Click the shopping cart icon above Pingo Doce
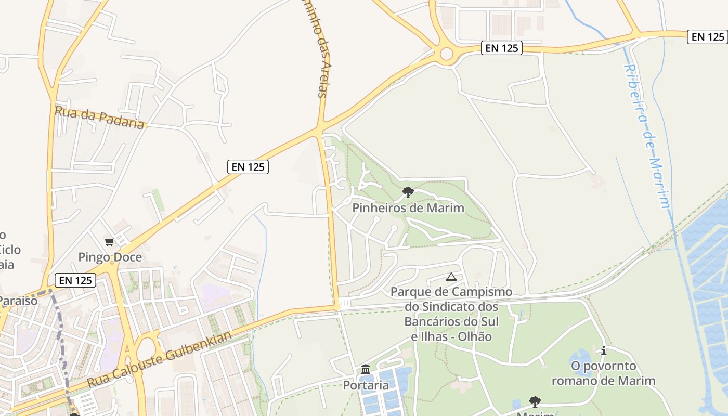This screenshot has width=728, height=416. coord(109,242)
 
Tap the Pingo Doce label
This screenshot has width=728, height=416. coord(110,257)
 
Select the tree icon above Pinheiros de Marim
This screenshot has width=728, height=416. coord(408,192)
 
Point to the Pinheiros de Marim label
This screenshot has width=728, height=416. coord(408,208)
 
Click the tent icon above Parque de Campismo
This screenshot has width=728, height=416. coord(451,277)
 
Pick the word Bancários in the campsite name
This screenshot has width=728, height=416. coord(430,321)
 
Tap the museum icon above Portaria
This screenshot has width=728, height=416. coord(366,370)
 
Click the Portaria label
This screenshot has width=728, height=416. coord(366,385)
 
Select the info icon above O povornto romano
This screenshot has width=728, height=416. coord(603,351)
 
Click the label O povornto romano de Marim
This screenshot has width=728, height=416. coord(603,373)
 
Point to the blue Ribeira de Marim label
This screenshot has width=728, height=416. coord(647,135)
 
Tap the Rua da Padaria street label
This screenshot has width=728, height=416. coord(99,118)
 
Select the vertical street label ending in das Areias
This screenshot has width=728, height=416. coord(318,49)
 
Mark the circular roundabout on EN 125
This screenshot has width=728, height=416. coord(446,53)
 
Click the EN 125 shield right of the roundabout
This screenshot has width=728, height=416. coord(501,48)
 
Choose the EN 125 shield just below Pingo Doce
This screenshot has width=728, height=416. coord(75,280)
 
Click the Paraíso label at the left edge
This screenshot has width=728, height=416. coord(18,301)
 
